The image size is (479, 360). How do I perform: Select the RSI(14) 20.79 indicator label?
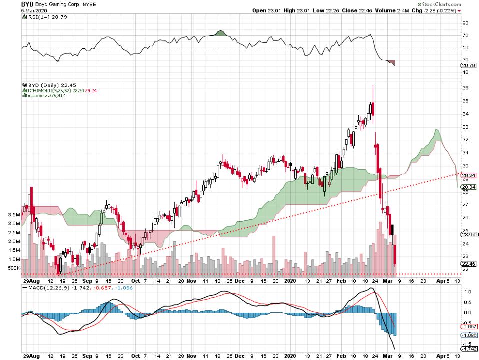(x=40, y=17)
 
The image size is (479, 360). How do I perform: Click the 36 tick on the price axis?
(x=465, y=88)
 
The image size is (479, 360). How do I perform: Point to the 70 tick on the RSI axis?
(x=465, y=36)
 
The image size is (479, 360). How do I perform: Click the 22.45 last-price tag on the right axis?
(x=469, y=264)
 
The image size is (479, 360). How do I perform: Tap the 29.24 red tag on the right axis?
(x=469, y=176)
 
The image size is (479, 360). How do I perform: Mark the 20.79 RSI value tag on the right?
(x=469, y=66)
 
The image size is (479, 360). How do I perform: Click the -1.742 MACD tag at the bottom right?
(x=469, y=350)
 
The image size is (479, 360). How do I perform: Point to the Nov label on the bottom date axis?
(x=191, y=281)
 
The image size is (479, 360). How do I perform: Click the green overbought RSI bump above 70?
(x=221, y=33)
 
